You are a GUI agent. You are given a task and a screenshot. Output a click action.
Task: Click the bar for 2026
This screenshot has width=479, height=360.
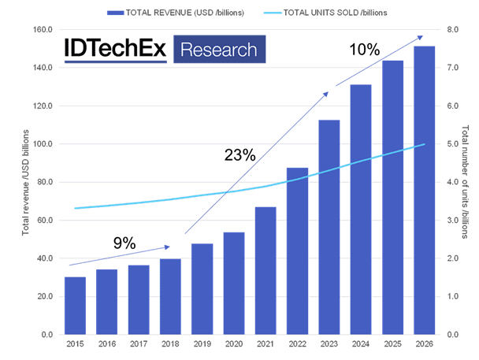coord(425,190)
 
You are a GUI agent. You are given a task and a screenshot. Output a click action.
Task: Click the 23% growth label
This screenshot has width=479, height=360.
coord(239,155)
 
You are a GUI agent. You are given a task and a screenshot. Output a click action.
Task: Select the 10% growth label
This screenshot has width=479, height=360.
coord(364,50)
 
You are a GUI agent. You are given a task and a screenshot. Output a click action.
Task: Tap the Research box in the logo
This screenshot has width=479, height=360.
coord(219,50)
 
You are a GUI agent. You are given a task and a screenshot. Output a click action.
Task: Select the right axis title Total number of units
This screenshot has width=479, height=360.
coord(466,182)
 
